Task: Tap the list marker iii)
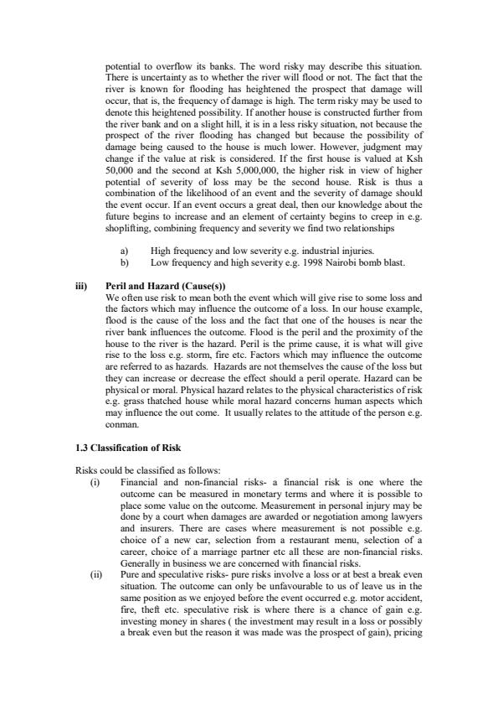point(81,287)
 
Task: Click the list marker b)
point(126,263)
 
